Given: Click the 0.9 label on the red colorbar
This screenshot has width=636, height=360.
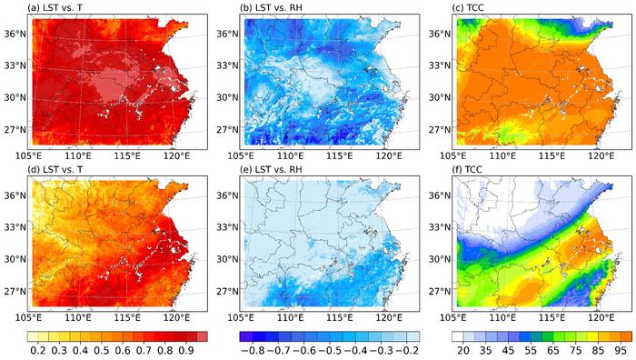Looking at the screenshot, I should (x=188, y=349).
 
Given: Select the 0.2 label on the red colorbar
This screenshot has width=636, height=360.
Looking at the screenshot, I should (x=39, y=349).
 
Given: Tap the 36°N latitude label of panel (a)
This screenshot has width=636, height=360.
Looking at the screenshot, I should (x=17, y=34).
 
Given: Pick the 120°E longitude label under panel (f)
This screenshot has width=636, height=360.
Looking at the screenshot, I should (x=599, y=317).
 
